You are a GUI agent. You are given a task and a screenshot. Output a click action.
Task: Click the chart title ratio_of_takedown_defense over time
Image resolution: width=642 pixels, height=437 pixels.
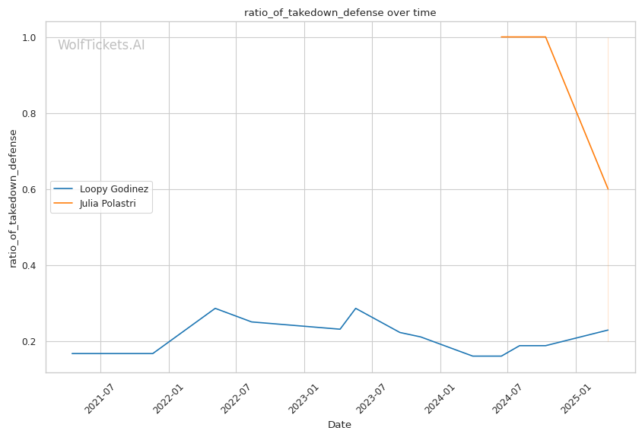click(x=340, y=12)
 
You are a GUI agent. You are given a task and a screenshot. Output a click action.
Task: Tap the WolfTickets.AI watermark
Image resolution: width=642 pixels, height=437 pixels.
click(x=101, y=45)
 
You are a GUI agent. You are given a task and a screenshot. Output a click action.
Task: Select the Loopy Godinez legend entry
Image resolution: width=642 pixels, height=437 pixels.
click(x=113, y=188)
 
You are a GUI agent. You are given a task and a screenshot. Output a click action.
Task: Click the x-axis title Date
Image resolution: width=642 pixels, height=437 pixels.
click(x=339, y=425)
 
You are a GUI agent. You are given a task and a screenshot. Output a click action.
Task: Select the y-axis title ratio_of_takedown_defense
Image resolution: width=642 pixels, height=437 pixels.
click(x=13, y=198)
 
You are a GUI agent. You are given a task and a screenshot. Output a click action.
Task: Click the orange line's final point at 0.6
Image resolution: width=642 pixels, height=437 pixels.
click(x=608, y=189)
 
